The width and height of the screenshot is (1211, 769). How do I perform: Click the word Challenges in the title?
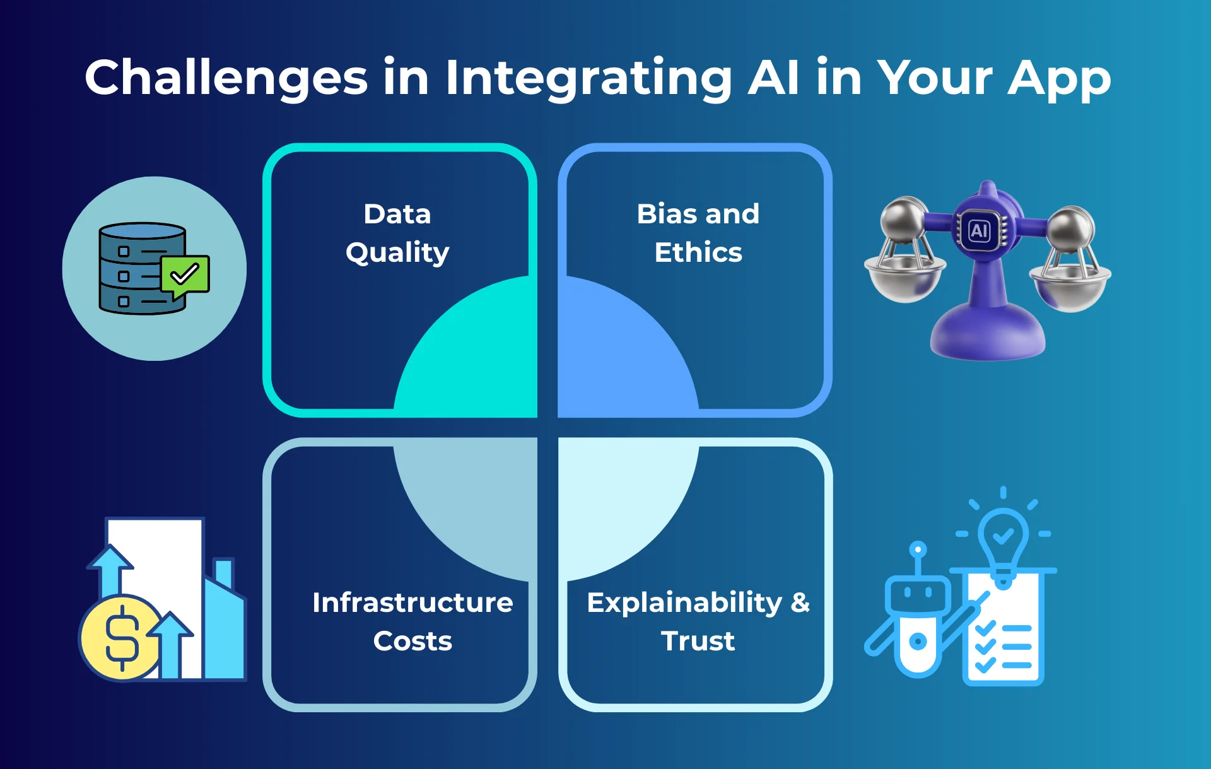[226, 78]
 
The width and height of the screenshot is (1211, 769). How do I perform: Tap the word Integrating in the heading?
[588, 78]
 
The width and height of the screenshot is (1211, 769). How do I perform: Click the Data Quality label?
[397, 233]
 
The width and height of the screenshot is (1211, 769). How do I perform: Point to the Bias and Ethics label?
[698, 233]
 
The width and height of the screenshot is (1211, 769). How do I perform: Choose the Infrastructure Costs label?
[412, 621]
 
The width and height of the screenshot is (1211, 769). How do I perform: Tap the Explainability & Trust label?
[698, 621]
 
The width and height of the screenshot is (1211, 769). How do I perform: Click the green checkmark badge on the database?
[185, 274]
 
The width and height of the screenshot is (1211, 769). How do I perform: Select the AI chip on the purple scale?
[979, 230]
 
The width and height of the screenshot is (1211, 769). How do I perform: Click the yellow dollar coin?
[121, 637]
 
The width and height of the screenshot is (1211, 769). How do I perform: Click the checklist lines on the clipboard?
[1004, 647]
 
